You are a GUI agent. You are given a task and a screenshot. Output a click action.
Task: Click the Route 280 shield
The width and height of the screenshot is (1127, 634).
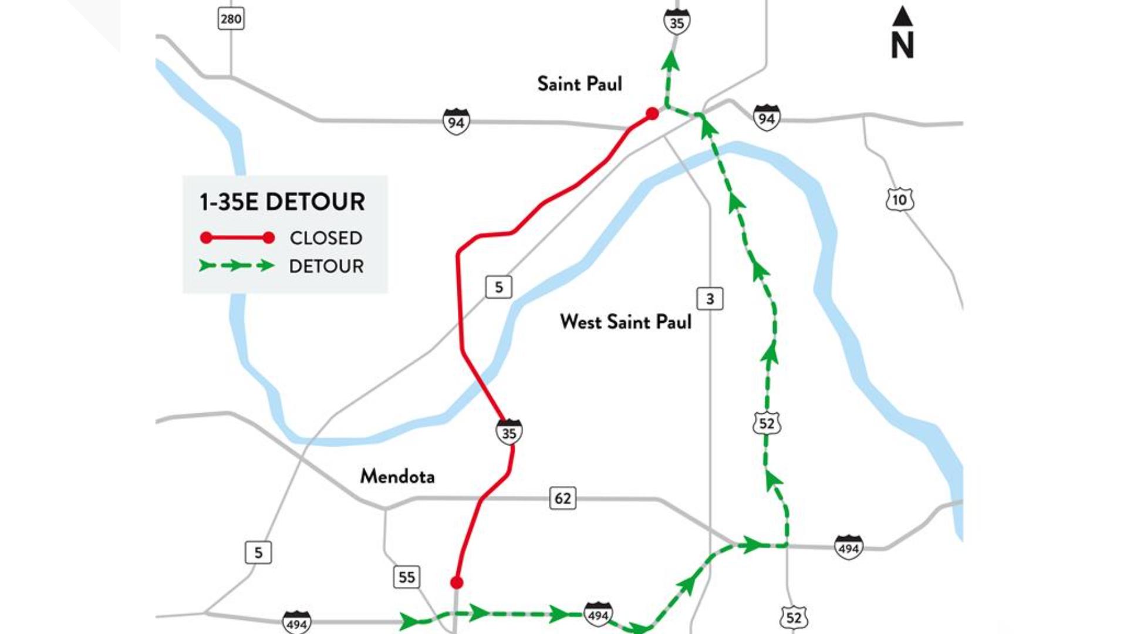pos(231,19)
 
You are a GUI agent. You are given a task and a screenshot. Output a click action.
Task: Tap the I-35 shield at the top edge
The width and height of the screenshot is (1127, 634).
pos(677,22)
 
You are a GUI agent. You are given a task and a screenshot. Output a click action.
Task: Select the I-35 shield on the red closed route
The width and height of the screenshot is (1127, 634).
pos(509,432)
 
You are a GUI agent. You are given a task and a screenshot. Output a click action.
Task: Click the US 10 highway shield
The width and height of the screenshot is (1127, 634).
pos(899,200)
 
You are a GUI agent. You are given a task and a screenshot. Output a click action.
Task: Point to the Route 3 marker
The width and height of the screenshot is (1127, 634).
pos(710,299)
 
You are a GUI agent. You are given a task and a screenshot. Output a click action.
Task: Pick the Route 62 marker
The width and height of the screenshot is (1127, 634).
pos(562,498)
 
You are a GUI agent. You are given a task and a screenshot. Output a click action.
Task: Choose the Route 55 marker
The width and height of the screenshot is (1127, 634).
pos(406,577)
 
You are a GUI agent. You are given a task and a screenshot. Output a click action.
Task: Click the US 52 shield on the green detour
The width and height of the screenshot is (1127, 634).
pos(767,423)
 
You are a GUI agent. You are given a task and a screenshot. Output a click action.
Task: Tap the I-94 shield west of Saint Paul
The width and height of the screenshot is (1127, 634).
pos(456,122)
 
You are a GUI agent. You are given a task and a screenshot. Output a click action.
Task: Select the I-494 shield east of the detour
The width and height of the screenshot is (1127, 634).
pos(848,547)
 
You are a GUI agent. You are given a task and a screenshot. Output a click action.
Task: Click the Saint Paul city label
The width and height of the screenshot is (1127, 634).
pos(579,84)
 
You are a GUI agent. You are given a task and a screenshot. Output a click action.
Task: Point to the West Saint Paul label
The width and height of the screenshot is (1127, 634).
pos(626,322)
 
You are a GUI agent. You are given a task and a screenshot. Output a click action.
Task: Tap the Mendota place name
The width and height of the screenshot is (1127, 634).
pos(397,476)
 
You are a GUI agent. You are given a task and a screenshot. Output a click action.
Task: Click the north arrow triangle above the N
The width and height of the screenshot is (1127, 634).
pos(902,16)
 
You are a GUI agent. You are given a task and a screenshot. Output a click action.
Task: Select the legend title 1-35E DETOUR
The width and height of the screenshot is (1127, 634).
pos(282,202)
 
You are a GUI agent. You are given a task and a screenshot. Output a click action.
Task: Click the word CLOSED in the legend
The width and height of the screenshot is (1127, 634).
pos(326,238)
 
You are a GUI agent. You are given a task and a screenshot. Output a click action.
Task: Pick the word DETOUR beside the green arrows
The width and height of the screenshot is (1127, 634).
pos(326,266)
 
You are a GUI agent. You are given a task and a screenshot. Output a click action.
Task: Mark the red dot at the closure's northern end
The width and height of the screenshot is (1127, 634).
pos(652,113)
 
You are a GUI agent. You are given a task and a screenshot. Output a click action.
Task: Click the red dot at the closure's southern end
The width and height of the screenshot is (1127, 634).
pos(457,582)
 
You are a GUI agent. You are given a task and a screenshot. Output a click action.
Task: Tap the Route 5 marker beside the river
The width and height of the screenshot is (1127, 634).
pos(498,287)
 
